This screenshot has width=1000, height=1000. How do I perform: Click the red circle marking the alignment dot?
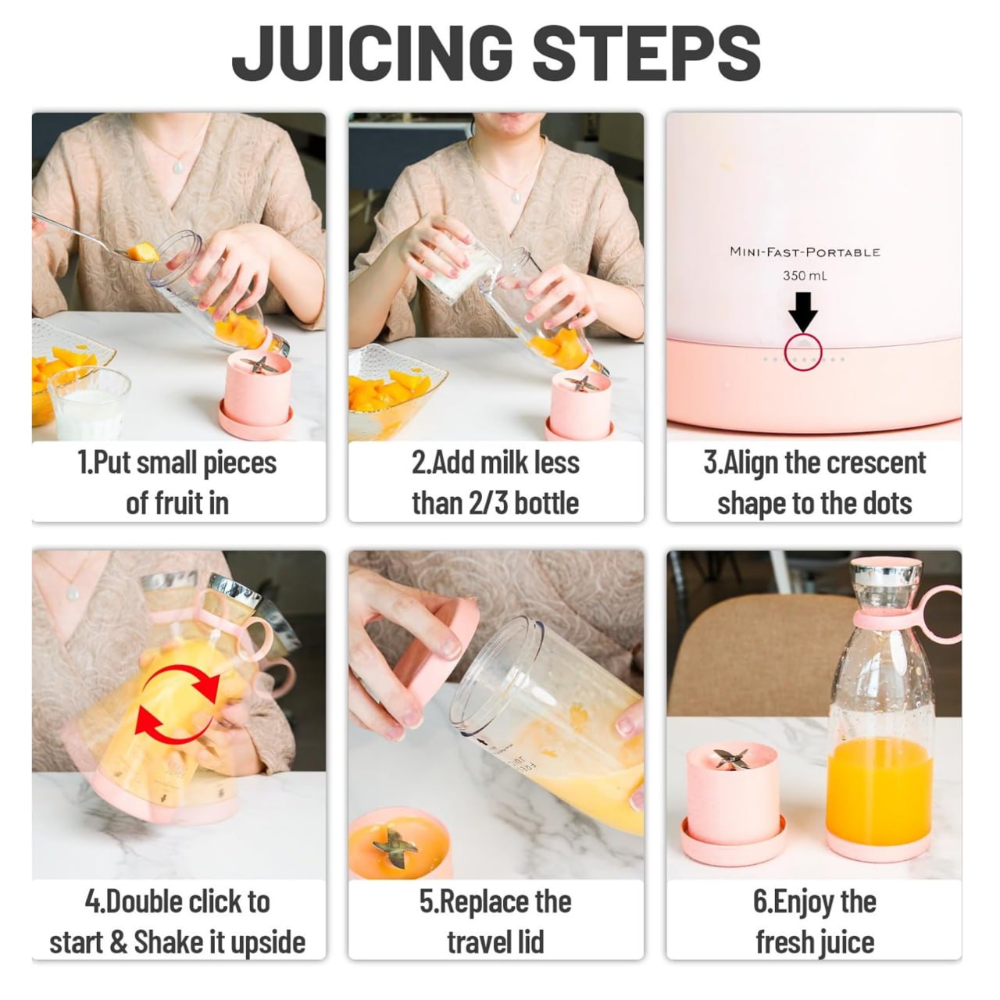tap(804, 351)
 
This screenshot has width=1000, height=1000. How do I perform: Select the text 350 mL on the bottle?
tap(805, 276)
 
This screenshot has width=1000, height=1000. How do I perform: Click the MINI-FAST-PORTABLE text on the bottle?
tap(805, 252)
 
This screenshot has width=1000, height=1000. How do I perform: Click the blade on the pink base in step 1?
tap(258, 366)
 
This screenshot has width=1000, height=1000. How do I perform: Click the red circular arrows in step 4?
tap(177, 701)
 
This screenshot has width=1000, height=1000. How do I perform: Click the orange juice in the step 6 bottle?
tap(879, 789)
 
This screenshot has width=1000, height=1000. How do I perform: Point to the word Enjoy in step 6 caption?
tap(804, 902)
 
